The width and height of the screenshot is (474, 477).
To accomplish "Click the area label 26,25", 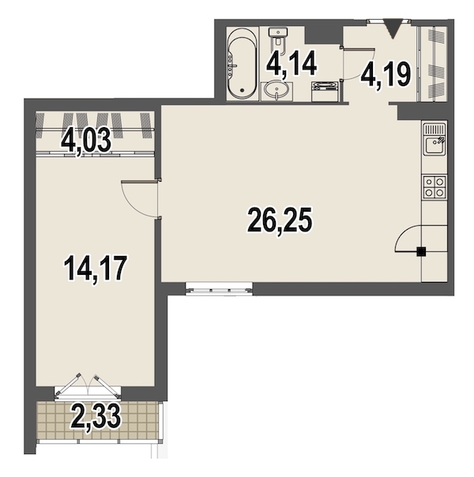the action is [x=280, y=220].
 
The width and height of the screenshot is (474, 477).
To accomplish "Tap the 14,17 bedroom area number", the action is [x=95, y=269].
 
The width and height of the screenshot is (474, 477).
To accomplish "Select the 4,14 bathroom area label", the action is [x=292, y=64].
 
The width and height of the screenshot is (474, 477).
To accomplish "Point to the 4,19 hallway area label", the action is [x=386, y=75].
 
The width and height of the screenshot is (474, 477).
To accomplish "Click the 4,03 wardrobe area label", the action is [x=86, y=143].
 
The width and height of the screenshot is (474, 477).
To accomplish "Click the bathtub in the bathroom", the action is [x=242, y=64].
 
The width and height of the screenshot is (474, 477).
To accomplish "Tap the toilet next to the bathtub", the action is [x=278, y=37].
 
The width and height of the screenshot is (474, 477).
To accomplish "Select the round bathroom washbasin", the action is [x=276, y=90].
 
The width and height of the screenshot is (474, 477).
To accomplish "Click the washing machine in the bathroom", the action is [x=325, y=92].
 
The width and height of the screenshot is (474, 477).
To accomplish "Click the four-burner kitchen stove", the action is [x=434, y=187].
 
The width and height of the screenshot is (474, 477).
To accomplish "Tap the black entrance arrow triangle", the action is [x=393, y=28].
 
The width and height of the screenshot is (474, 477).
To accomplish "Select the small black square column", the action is [x=421, y=251].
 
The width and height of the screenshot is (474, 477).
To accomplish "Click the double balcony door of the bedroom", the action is [x=88, y=385].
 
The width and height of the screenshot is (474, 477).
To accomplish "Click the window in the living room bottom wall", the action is [x=219, y=288].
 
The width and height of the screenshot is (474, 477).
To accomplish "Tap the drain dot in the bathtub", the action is [x=243, y=90].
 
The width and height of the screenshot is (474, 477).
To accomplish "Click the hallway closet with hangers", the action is [x=433, y=64].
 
